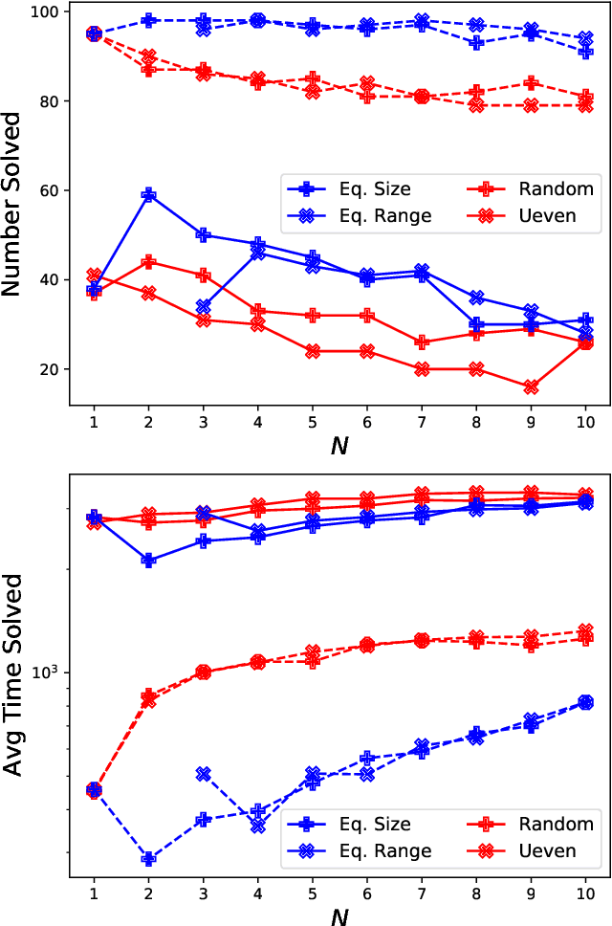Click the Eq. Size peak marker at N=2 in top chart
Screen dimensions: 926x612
click(148, 195)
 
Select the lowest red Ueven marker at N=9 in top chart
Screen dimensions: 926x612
click(531, 387)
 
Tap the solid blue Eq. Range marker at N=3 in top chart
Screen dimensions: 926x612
click(203, 307)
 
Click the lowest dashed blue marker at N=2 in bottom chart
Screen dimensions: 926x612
click(148, 859)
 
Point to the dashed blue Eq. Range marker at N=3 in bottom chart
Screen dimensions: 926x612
click(203, 774)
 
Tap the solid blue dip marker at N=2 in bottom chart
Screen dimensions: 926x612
click(148, 561)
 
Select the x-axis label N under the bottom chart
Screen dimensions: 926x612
click(339, 916)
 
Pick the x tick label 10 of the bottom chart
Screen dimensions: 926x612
click(585, 893)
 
